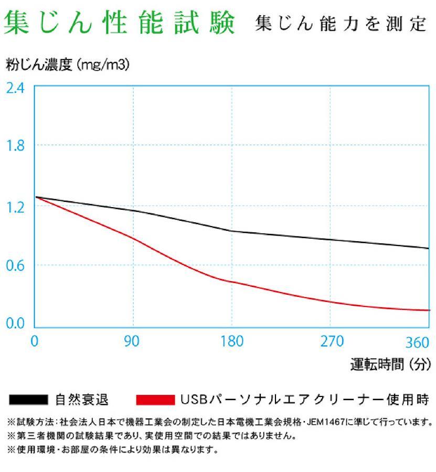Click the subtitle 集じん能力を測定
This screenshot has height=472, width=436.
pos(341,24)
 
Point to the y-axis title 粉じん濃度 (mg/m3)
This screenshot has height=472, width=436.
pos(68,65)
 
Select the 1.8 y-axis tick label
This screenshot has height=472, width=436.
pos(15,146)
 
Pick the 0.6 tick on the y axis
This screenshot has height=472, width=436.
pos(15,265)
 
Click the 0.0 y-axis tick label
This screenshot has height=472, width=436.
pos(15,324)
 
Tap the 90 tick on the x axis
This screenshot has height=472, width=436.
pos(132,341)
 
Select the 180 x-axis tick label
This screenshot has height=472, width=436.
pos(231,341)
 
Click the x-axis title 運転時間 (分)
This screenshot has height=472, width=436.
pos(390,363)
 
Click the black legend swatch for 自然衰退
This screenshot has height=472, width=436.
pos(29,400)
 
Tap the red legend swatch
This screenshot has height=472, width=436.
pos(155,400)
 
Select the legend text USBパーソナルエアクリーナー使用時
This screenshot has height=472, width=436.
pos(304,400)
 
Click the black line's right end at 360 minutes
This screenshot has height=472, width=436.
pos(429,248)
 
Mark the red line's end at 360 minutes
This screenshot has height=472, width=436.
pos(429,310)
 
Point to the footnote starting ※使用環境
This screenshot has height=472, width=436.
pos(112,449)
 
